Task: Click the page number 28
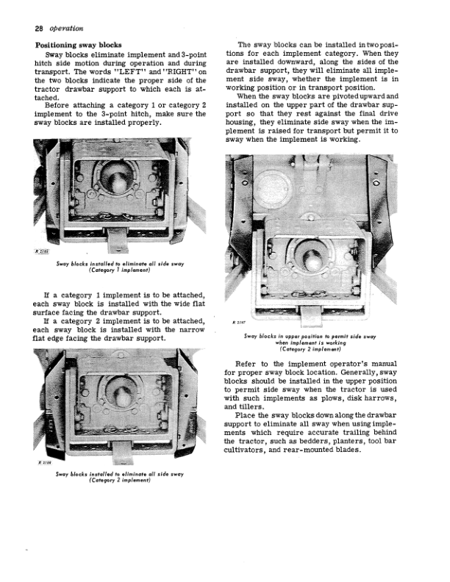pyautogui.click(x=39, y=29)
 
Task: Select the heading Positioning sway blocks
pyautogui.click(x=79, y=46)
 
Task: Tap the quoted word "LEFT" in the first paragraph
pyautogui.click(x=130, y=72)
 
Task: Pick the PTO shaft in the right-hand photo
pyautogui.click(x=311, y=261)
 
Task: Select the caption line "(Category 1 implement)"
pyautogui.click(x=120, y=270)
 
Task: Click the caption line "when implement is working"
pyautogui.click(x=310, y=343)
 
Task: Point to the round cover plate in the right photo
pyautogui.click(x=271, y=187)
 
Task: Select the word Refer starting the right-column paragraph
pyautogui.click(x=245, y=364)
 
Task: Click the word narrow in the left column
pyautogui.click(x=192, y=330)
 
